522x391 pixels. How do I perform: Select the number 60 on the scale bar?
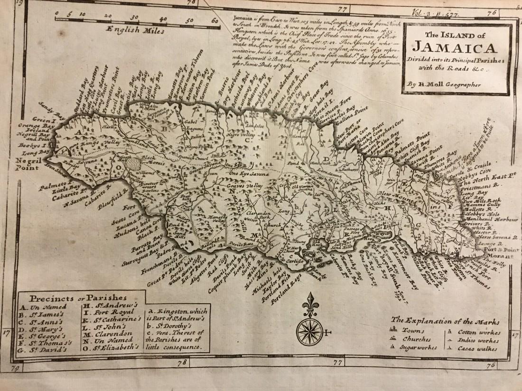tap(214, 20)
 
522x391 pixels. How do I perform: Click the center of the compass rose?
tap(309, 332)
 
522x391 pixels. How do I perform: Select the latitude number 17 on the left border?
tap(7, 333)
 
